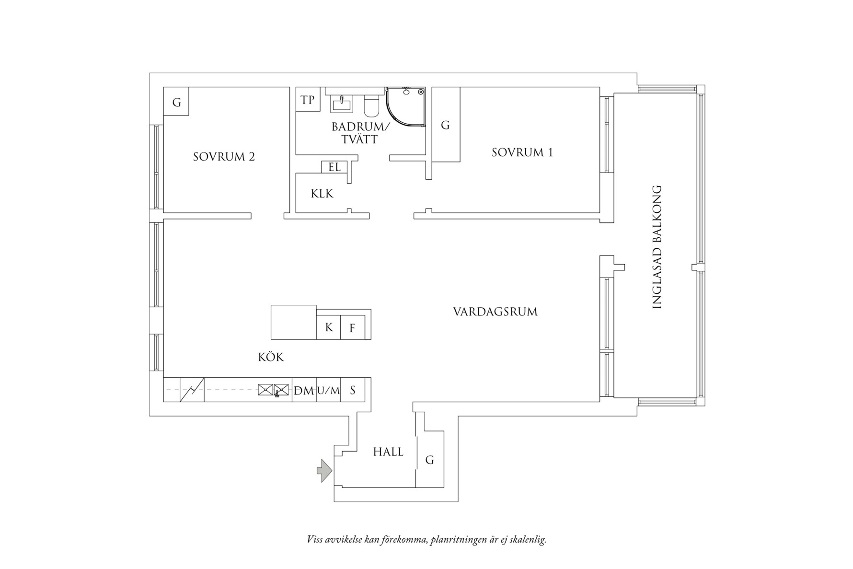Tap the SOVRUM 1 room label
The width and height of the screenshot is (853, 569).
(522, 152)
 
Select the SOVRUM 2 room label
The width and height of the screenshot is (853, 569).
(224, 157)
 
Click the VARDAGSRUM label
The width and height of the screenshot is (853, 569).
(495, 312)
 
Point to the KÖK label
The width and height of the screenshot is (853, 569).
(271, 357)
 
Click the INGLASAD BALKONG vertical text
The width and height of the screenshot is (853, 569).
(657, 247)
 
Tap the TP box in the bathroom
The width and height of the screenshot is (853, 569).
(308, 100)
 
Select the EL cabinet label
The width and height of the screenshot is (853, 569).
(334, 167)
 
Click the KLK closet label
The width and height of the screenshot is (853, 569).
(322, 194)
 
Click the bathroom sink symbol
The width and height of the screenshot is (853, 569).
(342, 103)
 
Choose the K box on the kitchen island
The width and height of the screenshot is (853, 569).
(329, 327)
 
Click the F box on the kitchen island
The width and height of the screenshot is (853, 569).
(353, 328)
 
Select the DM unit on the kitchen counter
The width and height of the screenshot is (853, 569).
(304, 390)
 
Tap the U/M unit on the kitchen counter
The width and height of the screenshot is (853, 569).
(328, 390)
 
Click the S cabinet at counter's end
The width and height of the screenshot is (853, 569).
(353, 390)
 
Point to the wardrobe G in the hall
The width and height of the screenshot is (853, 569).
(430, 460)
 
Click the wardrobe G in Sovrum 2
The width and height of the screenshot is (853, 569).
(176, 102)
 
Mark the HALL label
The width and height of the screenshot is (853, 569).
(388, 452)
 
